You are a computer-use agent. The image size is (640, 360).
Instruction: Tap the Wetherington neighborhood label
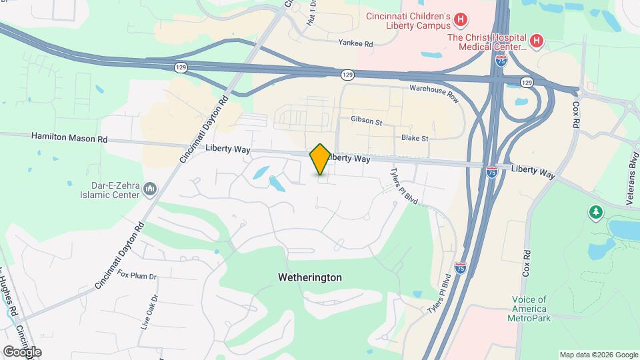pyautogui.click(x=310, y=277)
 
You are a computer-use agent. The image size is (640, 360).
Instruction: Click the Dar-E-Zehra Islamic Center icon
pyautogui.click(x=150, y=191)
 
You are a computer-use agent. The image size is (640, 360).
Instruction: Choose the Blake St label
pyautogui.click(x=414, y=138)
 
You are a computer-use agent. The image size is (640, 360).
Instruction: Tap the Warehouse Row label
pyautogui.click(x=434, y=93)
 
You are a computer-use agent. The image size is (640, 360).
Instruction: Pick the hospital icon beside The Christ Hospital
pyautogui.click(x=537, y=41)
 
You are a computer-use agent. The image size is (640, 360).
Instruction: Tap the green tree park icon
pyautogui.click(x=595, y=213)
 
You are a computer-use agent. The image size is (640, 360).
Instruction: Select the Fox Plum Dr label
pyautogui.click(x=137, y=275)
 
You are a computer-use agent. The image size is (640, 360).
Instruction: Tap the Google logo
pyautogui.click(x=22, y=351)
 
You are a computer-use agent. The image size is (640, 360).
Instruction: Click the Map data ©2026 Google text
pyautogui.click(x=598, y=355)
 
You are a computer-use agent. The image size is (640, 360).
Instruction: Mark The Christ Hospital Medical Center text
pyautogui.click(x=487, y=42)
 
